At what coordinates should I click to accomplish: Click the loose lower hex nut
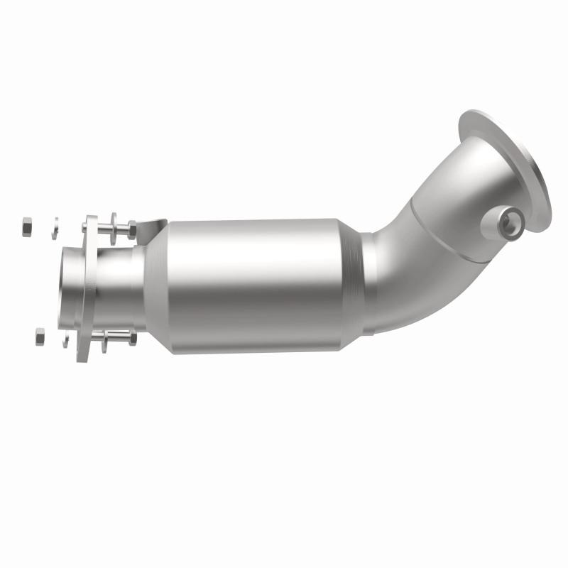coord(40,337)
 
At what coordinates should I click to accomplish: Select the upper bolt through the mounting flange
coord(114,229)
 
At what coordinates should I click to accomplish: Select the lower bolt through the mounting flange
coord(114,339)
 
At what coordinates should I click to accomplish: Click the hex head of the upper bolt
coord(132,229)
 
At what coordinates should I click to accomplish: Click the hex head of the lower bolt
coord(132,339)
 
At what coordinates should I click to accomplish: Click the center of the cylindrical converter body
coord(256,284)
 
